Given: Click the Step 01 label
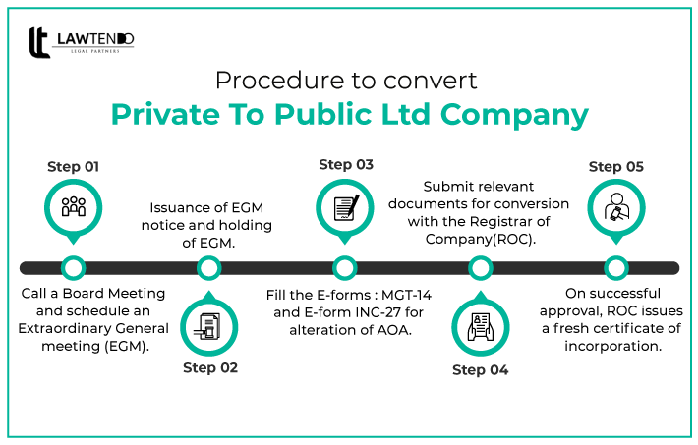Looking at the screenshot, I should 73,167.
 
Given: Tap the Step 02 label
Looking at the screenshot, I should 209,368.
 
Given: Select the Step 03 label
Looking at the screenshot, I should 345,164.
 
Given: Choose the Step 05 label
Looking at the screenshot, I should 615,167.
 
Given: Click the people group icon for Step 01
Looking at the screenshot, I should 74,207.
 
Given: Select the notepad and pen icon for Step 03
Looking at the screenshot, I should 345,207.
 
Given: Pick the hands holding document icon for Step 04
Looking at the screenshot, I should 480,326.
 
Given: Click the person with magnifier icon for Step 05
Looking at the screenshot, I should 615,207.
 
